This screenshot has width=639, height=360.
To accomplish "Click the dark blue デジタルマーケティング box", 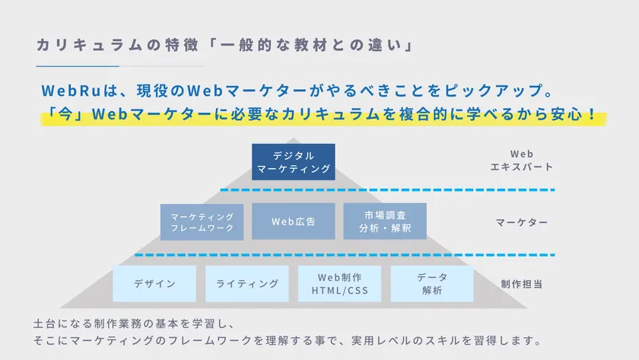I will pos(293,161).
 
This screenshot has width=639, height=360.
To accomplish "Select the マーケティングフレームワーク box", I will pos(202,221).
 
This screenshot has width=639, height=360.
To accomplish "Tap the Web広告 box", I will pos(293,221).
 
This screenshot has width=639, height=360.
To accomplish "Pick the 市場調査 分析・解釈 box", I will pos(384,221).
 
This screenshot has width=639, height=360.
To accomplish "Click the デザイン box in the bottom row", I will pos(154,283).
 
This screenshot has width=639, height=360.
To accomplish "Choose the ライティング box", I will pos(247,283).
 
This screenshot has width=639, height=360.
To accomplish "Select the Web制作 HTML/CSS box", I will pos(339,283).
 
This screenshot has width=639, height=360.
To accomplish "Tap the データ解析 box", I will pos(431,283).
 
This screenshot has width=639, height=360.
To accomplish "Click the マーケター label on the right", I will pos(521,222).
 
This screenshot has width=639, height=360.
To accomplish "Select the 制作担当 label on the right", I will pos(521,284).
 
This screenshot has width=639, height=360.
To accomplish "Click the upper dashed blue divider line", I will pos(388,190).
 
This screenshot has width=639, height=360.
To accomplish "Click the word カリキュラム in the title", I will pos(85,45).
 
